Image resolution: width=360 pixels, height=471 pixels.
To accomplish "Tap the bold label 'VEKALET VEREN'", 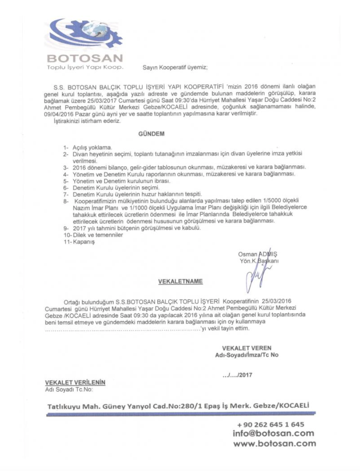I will click(x=246, y=348).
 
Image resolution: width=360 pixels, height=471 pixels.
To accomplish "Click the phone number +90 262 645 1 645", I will click(x=271, y=425).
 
